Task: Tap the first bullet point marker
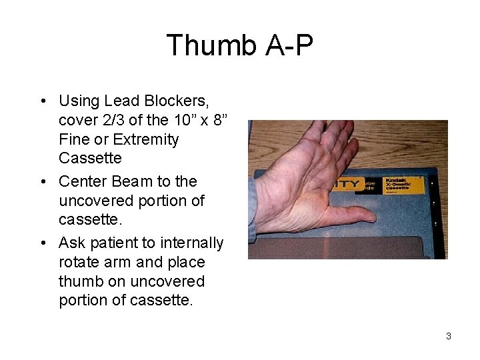42,101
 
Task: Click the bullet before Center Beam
42,182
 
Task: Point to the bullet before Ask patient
42,243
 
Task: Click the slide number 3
448,336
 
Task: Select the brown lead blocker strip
347,247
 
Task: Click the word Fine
73,140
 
